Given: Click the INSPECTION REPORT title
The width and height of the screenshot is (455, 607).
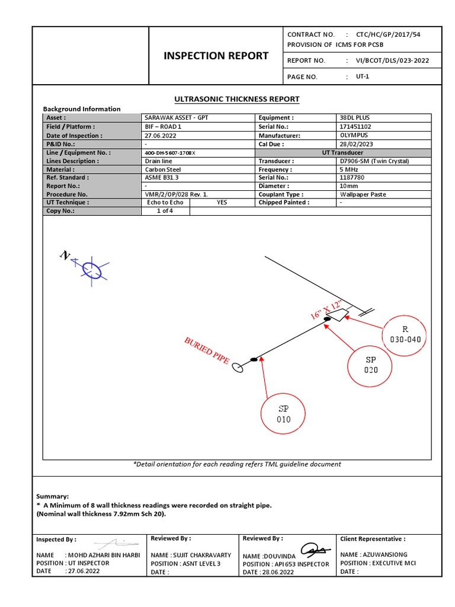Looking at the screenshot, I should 216,56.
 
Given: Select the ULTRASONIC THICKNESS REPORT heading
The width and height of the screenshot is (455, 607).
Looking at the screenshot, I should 236,99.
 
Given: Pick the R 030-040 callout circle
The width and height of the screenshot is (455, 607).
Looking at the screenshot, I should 405,334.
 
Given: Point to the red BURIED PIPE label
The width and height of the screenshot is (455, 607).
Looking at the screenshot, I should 206,350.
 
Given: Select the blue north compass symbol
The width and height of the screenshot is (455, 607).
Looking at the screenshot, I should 92,270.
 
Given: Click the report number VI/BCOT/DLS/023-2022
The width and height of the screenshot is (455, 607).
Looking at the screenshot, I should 392,60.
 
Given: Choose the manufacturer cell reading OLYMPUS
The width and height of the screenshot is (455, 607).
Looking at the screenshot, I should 354,135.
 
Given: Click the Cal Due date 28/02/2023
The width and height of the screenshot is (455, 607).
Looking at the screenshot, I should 355,144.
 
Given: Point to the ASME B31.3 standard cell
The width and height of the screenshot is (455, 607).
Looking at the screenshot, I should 162,178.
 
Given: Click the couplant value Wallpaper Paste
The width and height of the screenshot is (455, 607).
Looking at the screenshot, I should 363,194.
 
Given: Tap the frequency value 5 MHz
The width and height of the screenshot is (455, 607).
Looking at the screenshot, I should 349,170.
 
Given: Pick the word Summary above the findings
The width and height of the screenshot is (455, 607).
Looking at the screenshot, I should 53,496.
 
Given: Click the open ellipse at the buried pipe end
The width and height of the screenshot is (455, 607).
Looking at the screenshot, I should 238,368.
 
